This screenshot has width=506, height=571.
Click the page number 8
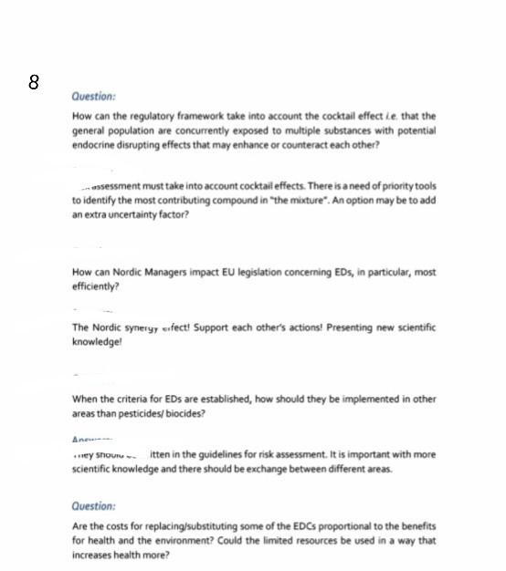(34, 82)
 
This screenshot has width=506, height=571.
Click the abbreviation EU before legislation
(228, 272)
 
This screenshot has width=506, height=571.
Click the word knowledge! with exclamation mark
(97, 340)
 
